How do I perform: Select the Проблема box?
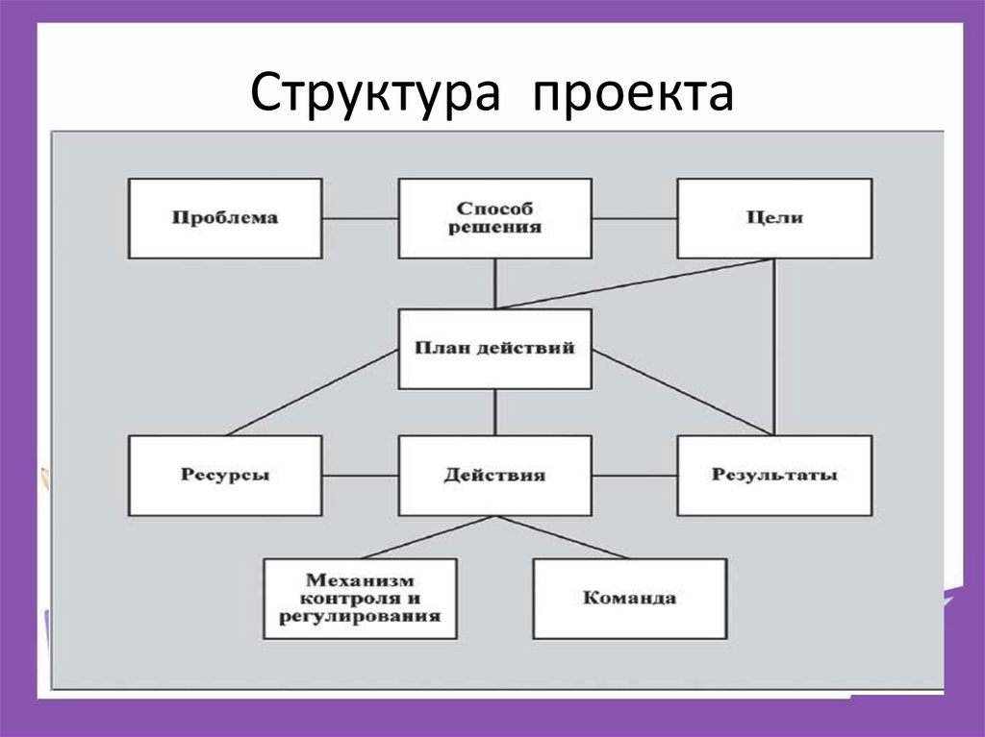tap(225, 218)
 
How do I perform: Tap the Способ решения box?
tap(494, 218)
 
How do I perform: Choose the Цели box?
tap(774, 218)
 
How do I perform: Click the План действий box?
tap(494, 349)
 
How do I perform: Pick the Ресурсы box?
tap(225, 476)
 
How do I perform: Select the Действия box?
tap(494, 476)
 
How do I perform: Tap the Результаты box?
tap(774, 476)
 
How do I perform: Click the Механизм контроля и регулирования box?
tap(361, 599)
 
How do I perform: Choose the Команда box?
tap(630, 599)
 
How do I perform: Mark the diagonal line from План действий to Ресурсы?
tap(313, 392)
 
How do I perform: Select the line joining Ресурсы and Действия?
tap(360, 476)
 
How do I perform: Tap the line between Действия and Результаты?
tap(634, 476)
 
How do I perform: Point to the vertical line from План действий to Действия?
tap(494, 411)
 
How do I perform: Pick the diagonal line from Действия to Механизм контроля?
tap(427, 537)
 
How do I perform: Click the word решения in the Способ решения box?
tap(494, 229)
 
